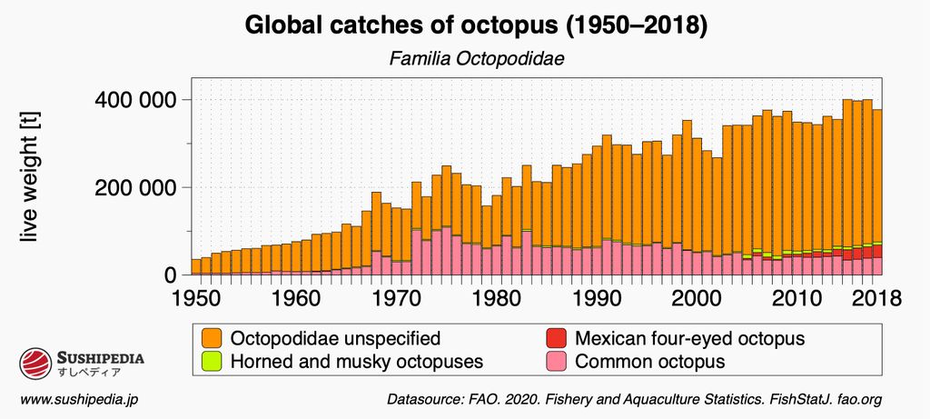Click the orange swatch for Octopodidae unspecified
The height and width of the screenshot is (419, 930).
(x=213, y=339)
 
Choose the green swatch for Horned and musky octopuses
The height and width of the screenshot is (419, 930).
(x=213, y=361)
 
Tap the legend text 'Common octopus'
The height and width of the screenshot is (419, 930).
(x=650, y=361)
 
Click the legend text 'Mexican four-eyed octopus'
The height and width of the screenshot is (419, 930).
(x=690, y=339)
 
